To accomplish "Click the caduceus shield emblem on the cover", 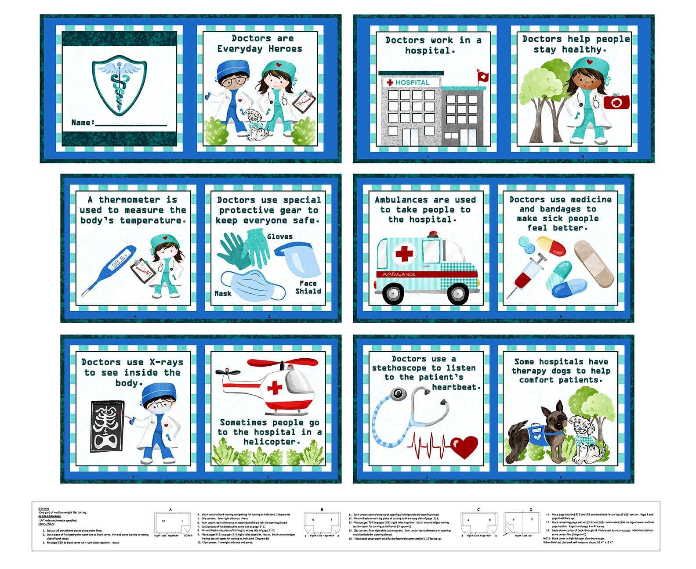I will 119,85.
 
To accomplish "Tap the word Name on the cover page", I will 82,122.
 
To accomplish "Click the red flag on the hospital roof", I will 482,76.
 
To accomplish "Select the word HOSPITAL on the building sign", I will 412,83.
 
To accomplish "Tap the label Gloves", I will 279,237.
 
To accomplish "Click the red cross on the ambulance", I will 404,253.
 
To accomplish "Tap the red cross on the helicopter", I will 275,388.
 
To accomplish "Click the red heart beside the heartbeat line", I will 464,446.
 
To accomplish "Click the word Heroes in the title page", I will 285,49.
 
